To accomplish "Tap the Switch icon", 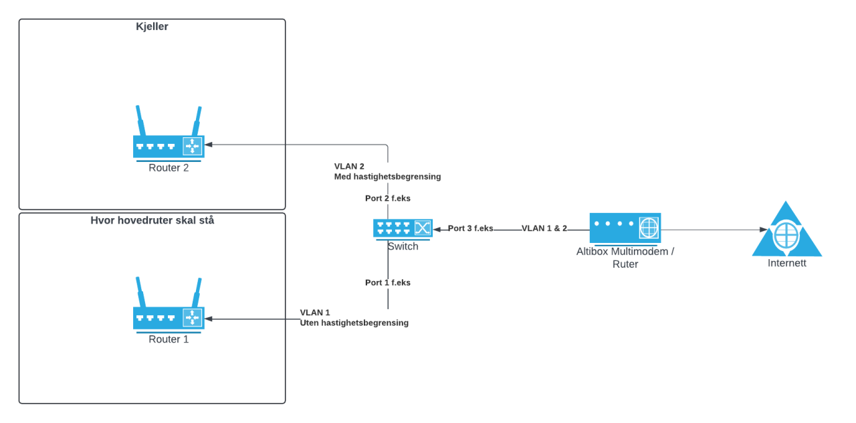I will (x=403, y=228).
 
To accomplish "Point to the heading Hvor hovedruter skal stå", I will (x=152, y=220).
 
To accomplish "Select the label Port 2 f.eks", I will (x=387, y=199).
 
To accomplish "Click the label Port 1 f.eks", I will (x=387, y=282).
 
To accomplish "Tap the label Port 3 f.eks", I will (x=470, y=228).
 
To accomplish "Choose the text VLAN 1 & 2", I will (x=544, y=228).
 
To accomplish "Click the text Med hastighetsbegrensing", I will (x=387, y=177).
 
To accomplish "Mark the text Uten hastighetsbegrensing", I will (x=354, y=323).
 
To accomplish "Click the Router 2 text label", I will (x=169, y=168).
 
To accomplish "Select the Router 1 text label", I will (x=169, y=339).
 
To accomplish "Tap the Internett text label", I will (x=786, y=263).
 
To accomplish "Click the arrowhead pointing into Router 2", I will (x=209, y=144).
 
